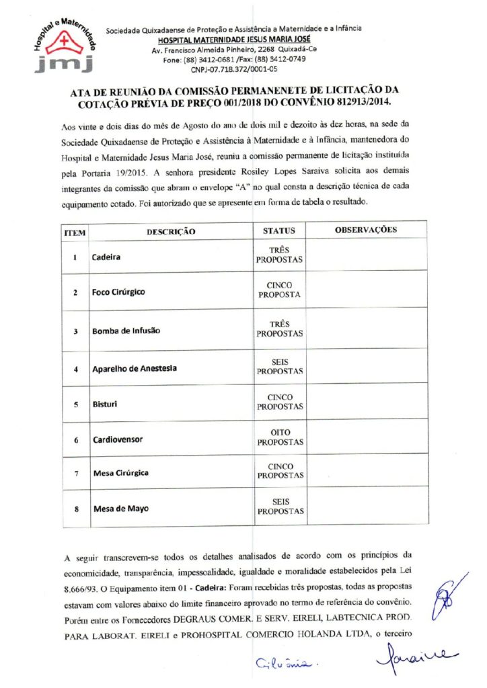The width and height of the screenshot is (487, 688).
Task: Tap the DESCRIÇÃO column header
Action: [171, 231]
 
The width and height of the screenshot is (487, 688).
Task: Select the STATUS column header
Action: [279, 230]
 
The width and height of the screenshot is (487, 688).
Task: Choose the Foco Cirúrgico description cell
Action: [118, 292]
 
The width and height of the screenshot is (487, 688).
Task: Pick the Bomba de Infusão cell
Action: [126, 331]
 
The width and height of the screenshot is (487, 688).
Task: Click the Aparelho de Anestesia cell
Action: [135, 369]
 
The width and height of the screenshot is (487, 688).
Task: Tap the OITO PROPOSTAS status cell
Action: [280, 439]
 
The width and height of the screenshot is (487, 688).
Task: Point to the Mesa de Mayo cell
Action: [119, 508]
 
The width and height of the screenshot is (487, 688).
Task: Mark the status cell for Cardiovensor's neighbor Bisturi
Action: [280, 402]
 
